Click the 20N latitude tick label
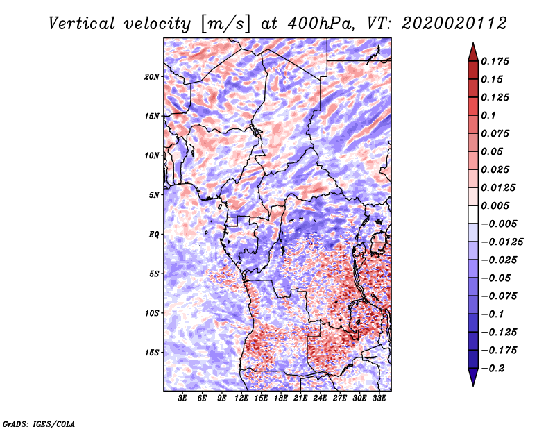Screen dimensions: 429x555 153,76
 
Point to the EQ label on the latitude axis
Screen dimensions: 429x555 154,235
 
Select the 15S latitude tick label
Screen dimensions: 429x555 153,353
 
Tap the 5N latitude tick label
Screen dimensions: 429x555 154,195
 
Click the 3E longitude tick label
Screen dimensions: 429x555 183,399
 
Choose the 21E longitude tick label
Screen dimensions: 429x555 301,399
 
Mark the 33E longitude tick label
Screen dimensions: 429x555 379,399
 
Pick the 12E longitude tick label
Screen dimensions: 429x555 242,399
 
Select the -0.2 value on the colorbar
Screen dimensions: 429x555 497,368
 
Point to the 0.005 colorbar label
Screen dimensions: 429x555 497,205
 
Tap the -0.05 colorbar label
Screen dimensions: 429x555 497,278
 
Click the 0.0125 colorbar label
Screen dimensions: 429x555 499,187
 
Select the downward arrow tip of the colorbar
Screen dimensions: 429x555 472,384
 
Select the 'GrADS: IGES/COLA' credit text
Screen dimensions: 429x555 38,423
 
